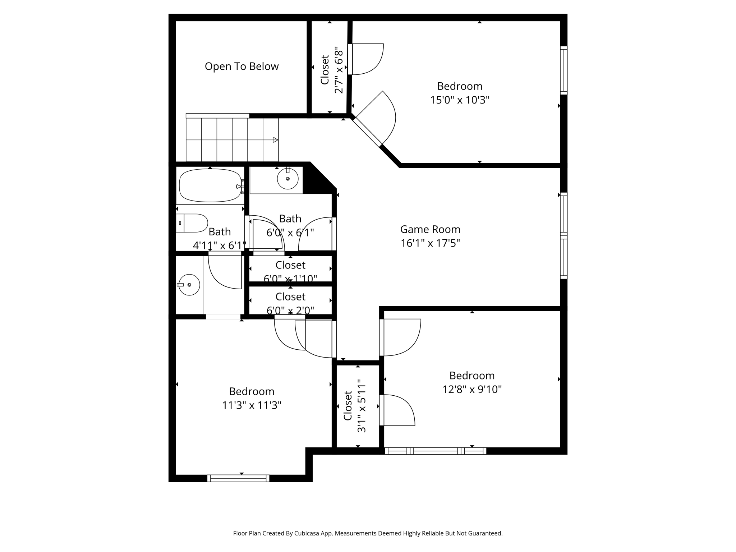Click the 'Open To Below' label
point(241,66)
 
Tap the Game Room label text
point(430,229)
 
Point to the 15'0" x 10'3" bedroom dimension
point(460,100)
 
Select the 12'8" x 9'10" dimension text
point(472,389)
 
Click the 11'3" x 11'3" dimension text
point(252,405)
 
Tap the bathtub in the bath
point(210,185)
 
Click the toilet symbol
point(192,223)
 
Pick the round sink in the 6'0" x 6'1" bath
point(287,179)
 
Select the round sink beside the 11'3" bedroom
point(189,285)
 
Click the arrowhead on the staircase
point(276,140)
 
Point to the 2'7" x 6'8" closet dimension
point(339,69)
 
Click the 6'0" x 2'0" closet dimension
point(290,310)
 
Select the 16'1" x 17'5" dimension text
point(430,243)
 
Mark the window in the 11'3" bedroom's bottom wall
point(238,478)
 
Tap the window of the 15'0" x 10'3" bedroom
point(564,70)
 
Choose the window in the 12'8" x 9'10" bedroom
point(436,451)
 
